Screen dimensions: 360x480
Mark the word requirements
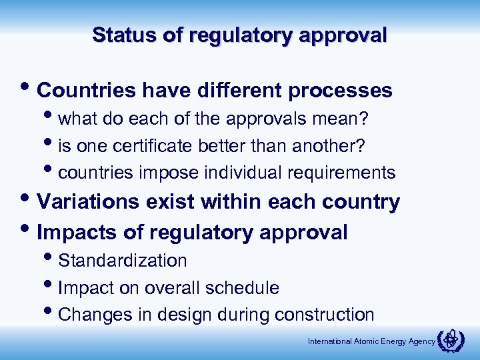(341, 173)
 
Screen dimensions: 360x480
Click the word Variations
(89, 201)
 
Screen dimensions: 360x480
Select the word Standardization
(123, 260)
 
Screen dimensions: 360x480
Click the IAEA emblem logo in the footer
(453, 340)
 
